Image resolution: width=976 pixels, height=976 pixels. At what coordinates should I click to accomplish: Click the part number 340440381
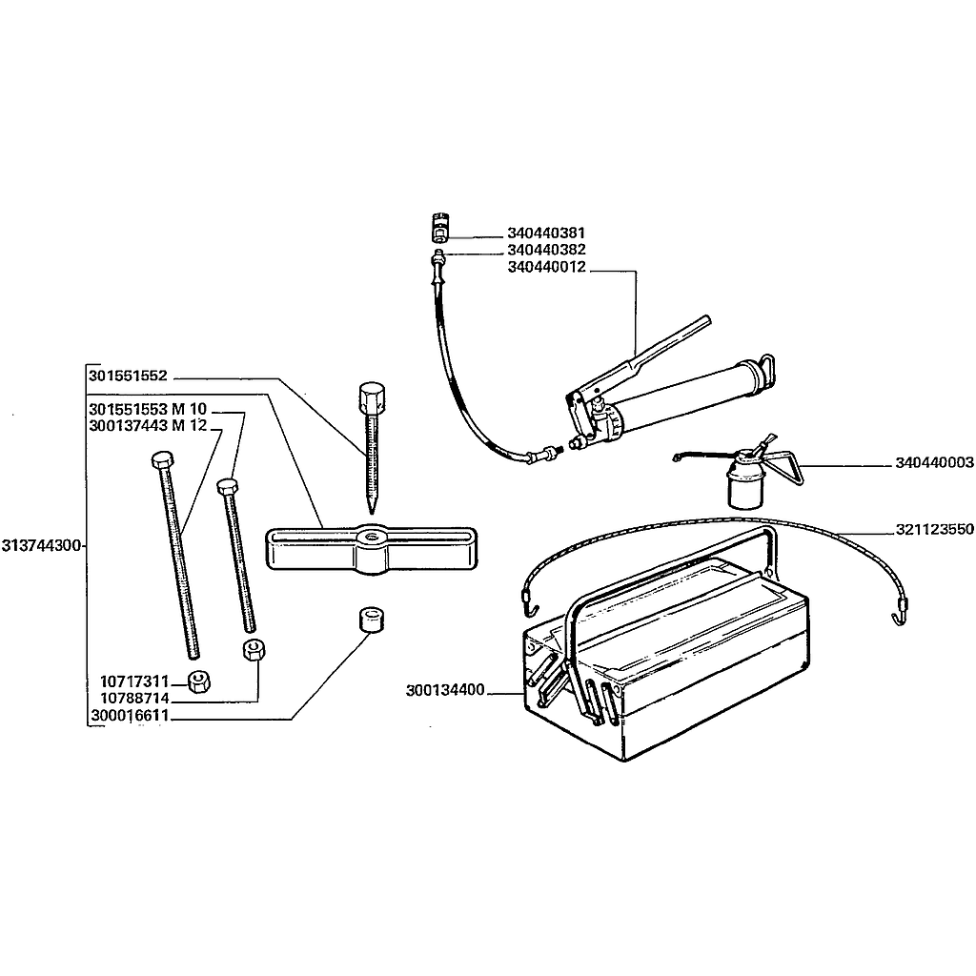point(546,234)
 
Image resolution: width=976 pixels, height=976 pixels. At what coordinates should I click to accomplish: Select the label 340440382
point(546,251)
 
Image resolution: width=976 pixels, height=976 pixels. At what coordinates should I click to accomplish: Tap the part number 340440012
point(546,268)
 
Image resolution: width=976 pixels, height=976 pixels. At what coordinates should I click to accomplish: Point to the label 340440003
point(934,462)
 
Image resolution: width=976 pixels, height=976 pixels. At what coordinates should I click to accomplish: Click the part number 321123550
point(934,530)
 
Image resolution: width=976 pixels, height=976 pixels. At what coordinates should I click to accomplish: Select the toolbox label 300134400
point(445,690)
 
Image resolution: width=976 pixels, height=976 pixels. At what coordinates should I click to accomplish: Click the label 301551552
point(129,376)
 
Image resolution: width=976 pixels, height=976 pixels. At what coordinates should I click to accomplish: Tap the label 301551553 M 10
point(148,410)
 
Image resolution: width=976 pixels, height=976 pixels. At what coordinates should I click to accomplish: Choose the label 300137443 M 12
point(148,426)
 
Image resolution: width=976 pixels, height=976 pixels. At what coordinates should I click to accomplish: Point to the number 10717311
point(134,682)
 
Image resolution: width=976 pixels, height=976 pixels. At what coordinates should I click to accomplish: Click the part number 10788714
point(134,699)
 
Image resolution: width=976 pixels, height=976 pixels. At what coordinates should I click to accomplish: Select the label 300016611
point(130,716)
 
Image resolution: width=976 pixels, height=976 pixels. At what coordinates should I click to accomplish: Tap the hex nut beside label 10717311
point(198,682)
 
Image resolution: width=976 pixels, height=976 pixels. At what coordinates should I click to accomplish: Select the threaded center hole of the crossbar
point(372,536)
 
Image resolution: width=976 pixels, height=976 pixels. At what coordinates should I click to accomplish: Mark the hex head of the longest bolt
point(162,459)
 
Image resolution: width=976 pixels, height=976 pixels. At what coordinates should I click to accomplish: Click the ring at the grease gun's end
point(767,368)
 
